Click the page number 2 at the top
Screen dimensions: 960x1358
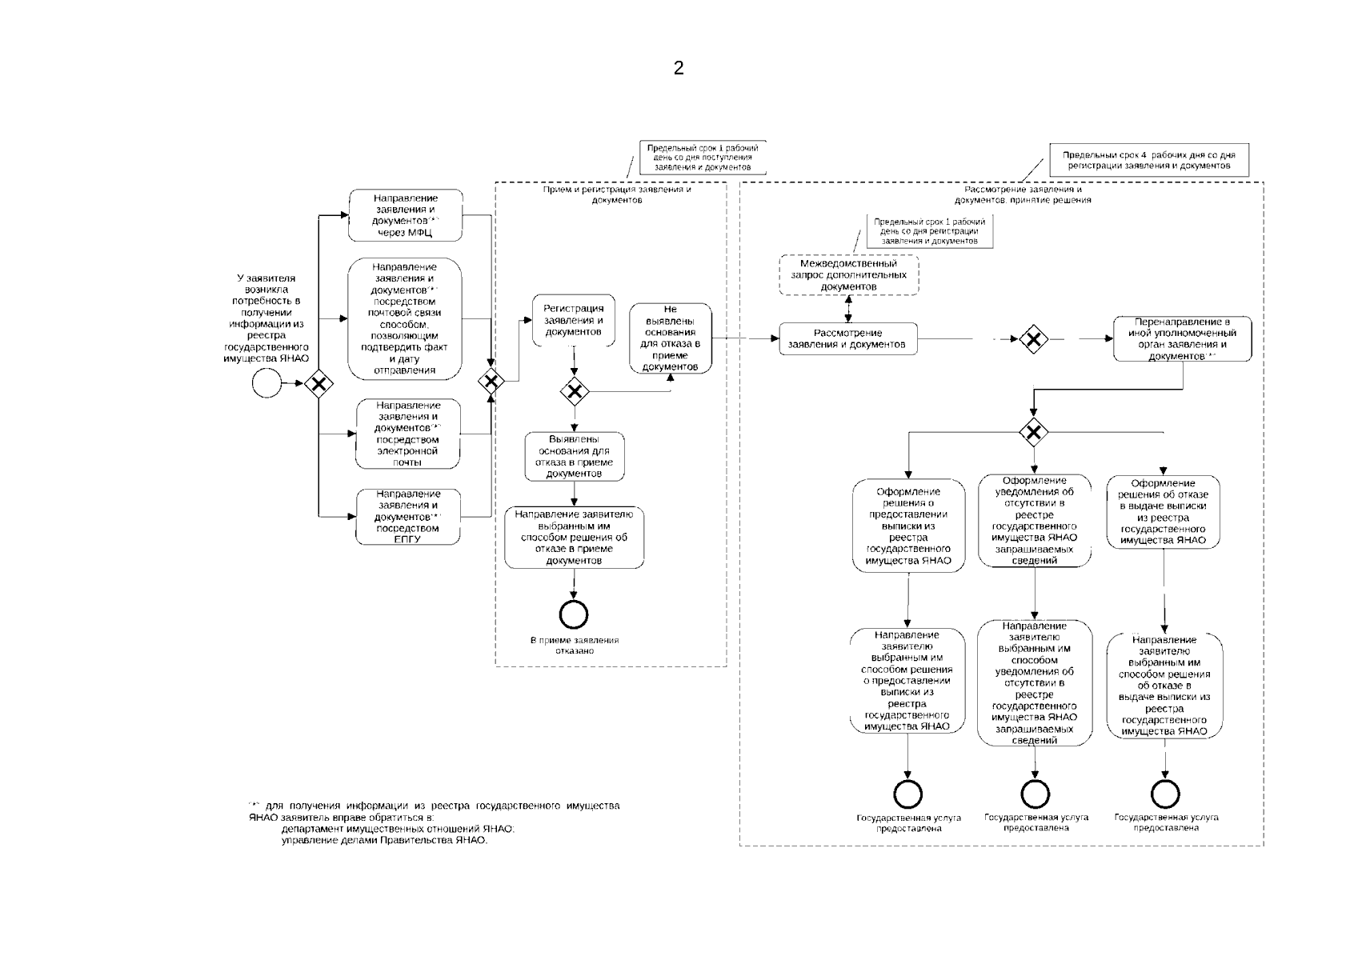pos(679,68)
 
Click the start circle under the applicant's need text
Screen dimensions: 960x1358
pos(266,384)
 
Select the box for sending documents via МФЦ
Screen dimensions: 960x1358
pos(405,215)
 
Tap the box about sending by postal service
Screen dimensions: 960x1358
pos(405,318)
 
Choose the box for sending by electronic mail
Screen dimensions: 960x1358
pos(408,434)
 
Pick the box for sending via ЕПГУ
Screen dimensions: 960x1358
pos(408,517)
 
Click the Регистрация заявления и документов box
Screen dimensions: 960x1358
pos(573,320)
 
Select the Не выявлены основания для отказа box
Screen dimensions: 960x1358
pos(670,338)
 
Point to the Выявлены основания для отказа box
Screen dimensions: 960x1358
pos(574,457)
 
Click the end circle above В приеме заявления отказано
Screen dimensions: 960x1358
pos(574,614)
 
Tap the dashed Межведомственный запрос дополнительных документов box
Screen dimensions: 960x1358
pos(848,274)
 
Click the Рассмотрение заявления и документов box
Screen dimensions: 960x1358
pos(847,339)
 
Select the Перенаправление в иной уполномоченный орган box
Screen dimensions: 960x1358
pos(1181,339)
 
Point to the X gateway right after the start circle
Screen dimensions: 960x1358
pos(319,385)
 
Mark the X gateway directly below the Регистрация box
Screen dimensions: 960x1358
pos(574,391)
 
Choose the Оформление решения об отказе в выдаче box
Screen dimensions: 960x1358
pos(1164,512)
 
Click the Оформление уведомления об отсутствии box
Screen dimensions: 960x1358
pos(1035,520)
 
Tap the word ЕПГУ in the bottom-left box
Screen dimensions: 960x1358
pos(407,539)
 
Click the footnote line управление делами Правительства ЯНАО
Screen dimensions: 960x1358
pos(384,841)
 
